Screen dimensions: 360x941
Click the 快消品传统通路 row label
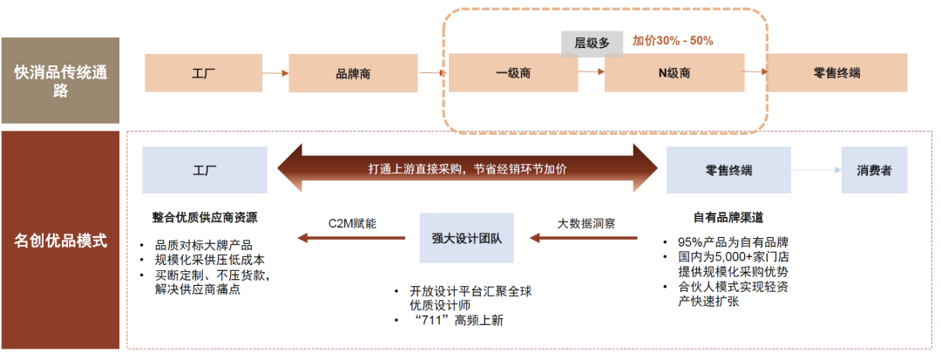click(60, 80)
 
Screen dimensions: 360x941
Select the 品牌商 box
click(353, 74)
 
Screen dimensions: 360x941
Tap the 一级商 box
click(513, 74)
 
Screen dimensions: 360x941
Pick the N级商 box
click(674, 74)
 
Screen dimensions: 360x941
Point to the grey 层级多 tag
click(592, 43)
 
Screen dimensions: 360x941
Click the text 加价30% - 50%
click(673, 41)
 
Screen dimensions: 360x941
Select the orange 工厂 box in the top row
click(203, 74)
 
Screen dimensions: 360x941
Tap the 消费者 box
click(874, 170)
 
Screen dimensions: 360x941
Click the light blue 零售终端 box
click(728, 170)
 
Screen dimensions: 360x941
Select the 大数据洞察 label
click(586, 223)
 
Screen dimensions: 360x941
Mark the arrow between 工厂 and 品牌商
click(274, 74)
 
